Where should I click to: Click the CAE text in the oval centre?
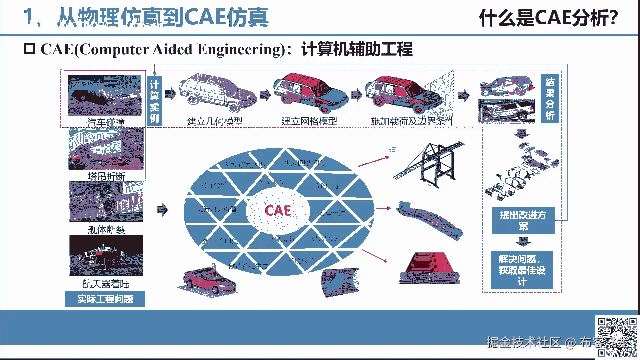(x=278, y=210)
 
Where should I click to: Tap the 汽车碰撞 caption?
(x=106, y=122)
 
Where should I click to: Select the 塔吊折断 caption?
(x=106, y=176)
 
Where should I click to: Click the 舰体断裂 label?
(x=106, y=229)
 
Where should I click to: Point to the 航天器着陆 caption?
(x=106, y=284)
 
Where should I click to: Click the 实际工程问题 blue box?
(x=105, y=299)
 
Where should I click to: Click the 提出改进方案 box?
(x=523, y=221)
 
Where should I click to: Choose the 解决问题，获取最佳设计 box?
(x=522, y=270)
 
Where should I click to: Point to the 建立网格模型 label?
(x=309, y=121)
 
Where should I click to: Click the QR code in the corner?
(x=616, y=337)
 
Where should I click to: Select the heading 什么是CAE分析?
(x=548, y=19)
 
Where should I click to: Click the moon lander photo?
(x=106, y=255)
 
